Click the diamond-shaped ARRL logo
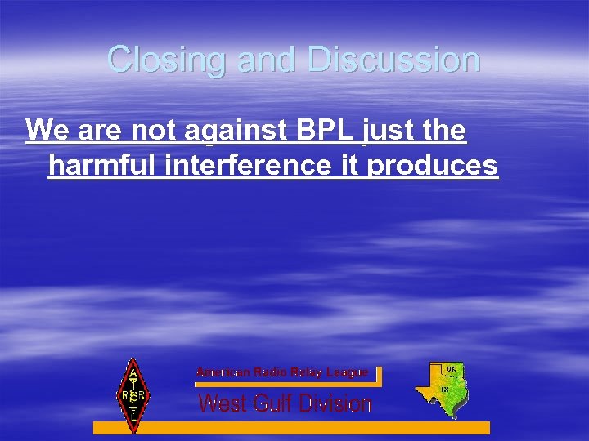[x=131, y=395]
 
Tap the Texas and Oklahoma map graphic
[x=441, y=389]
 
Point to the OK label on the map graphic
[x=451, y=369]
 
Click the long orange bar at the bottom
[x=291, y=427]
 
